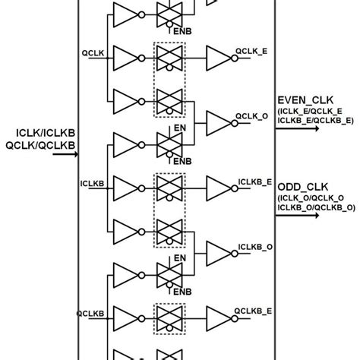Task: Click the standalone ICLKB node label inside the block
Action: click(x=90, y=182)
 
